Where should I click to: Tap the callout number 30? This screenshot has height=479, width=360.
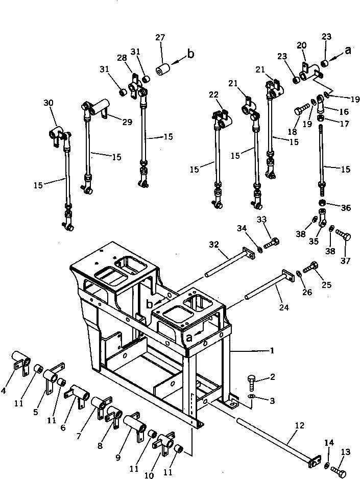pos(49,103)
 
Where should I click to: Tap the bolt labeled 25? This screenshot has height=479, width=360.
pos(311,267)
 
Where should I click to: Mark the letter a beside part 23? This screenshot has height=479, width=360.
pos(348,50)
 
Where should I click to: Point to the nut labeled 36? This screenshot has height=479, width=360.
pos(322,205)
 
